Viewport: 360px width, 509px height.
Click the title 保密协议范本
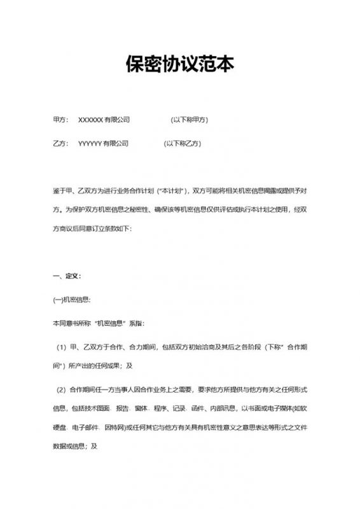point(180,65)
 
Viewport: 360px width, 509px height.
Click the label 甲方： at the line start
point(61,120)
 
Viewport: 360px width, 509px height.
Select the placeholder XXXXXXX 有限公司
point(104,120)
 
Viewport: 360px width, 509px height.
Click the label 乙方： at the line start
point(61,144)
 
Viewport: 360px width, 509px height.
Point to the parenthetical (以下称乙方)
point(184,144)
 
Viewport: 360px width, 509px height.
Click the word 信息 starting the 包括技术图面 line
point(60,407)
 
